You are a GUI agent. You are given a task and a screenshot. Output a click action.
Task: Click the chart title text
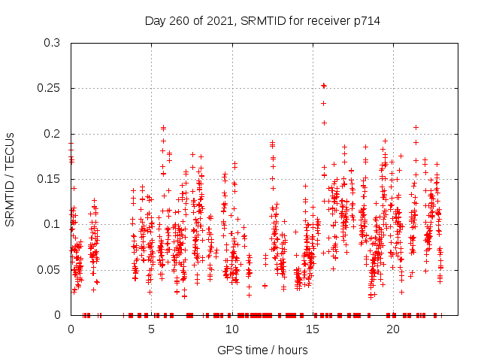coord(262,21)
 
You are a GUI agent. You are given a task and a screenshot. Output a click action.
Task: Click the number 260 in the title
coord(180,21)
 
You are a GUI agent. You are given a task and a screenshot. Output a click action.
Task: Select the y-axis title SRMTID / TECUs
coord(10,179)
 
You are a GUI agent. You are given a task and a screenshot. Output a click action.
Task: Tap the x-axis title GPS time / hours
coord(262,350)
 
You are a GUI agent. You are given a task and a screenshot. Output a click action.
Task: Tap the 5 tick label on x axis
coord(151,329)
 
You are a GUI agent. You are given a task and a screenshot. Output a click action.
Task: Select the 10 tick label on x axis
coord(231,329)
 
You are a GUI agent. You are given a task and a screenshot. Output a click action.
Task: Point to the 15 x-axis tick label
coord(312,329)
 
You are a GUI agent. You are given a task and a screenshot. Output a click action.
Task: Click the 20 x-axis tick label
coord(392,329)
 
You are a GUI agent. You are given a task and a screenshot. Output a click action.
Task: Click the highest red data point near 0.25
coord(324,86)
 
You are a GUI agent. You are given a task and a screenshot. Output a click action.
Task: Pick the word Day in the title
coord(156,21)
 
